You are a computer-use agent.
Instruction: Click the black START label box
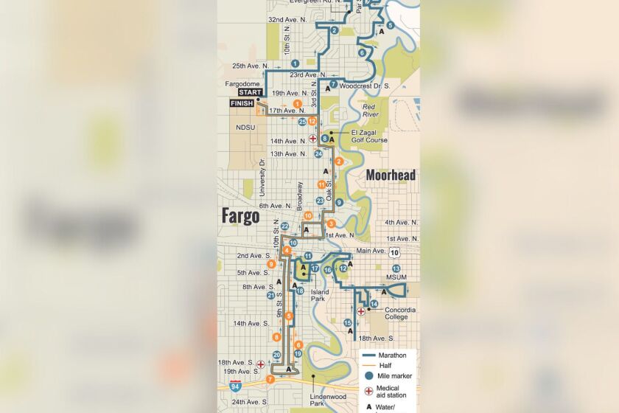pos(249,92)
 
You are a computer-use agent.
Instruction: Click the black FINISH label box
pos(242,104)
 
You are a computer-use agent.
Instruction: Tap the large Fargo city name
pos(240,216)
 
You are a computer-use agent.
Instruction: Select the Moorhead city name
pos(391,176)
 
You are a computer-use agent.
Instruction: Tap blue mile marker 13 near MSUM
pos(396,268)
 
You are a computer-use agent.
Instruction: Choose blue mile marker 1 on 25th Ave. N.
pos(295,63)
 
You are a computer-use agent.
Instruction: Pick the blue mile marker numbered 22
pos(285,226)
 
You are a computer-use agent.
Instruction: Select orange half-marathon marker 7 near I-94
pos(270,379)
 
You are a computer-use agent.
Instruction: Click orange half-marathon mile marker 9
pos(272,264)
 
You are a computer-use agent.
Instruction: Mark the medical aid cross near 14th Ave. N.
pos(312,139)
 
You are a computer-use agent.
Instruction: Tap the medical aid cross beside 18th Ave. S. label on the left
pos(260,364)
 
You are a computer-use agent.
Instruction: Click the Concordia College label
pos(400,313)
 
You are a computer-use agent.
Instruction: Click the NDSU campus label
pos(245,127)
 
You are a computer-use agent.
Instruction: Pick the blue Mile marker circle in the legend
pos(368,376)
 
